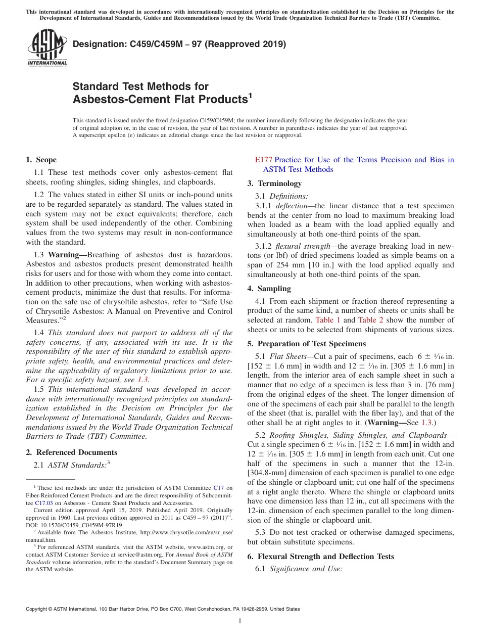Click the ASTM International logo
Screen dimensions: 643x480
46,49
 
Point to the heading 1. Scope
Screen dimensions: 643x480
41,160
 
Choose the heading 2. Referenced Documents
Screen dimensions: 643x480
71,452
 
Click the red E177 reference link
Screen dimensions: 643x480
264,160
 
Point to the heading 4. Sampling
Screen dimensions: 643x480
269,289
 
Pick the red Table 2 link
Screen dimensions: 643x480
371,320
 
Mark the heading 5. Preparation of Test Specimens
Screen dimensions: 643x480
306,344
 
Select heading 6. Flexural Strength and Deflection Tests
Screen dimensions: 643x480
320,557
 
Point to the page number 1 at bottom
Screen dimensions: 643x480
240,621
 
